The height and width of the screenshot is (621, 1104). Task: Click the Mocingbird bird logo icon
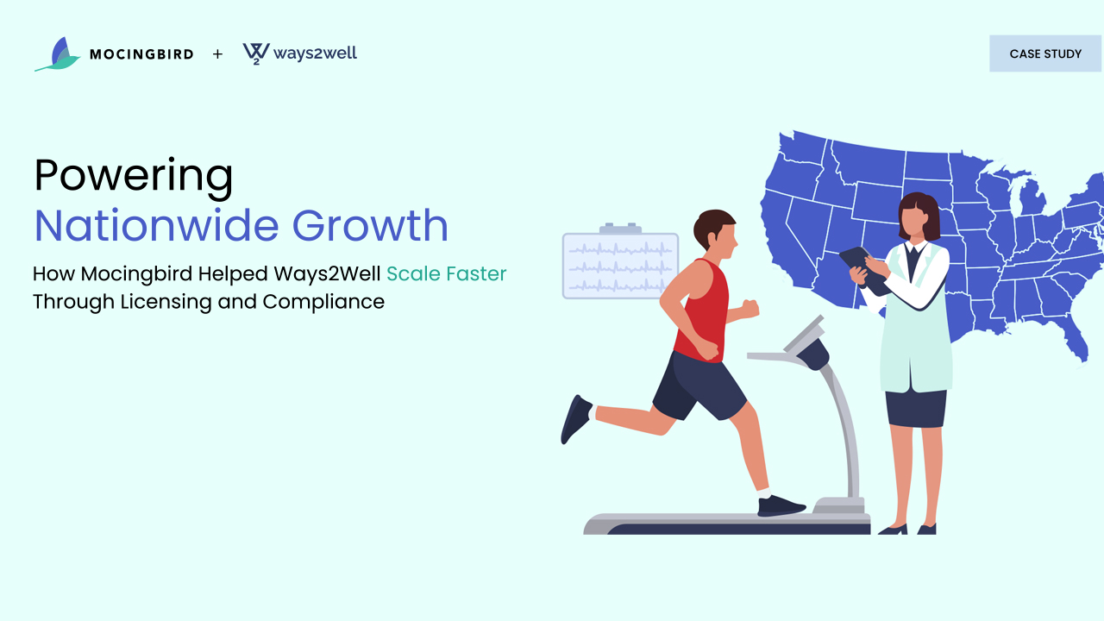click(x=58, y=54)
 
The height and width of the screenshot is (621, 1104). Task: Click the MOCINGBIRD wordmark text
click(x=141, y=54)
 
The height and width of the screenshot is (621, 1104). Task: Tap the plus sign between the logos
click(x=217, y=53)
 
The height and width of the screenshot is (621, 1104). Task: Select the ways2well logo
click(x=299, y=53)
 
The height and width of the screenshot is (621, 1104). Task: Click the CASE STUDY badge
click(x=1045, y=53)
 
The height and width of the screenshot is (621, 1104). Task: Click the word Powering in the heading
click(x=133, y=177)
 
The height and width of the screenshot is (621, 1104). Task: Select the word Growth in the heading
click(x=370, y=226)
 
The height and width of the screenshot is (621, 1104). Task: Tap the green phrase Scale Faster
click(x=446, y=273)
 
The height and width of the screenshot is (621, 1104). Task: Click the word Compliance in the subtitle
click(x=323, y=302)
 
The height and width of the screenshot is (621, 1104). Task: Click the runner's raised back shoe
click(x=575, y=419)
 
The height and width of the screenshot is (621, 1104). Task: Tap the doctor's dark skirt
click(x=916, y=408)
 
